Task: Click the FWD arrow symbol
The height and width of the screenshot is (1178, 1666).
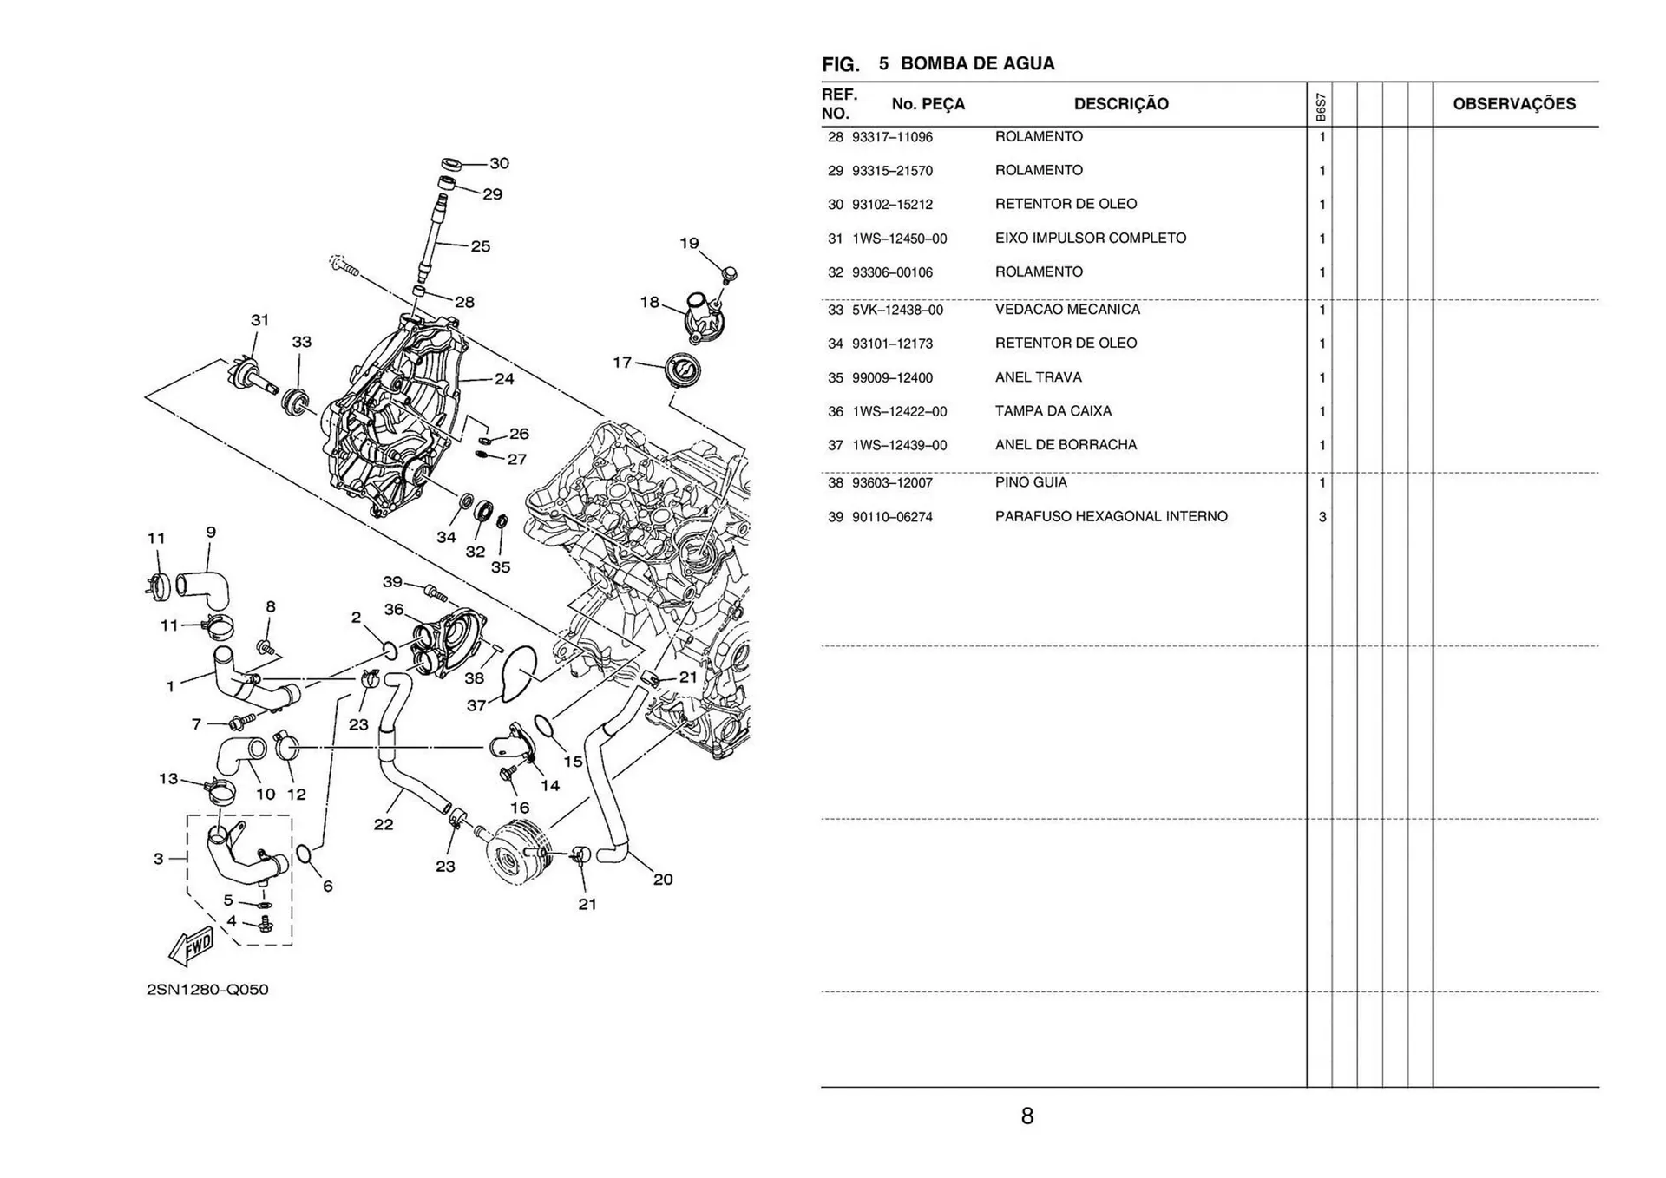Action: point(190,946)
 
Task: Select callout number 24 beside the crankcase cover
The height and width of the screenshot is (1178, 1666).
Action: point(504,379)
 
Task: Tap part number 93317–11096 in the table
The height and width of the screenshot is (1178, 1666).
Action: point(892,137)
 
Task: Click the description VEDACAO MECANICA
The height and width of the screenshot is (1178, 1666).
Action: point(1067,310)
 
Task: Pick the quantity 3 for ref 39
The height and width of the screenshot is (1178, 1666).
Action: point(1322,517)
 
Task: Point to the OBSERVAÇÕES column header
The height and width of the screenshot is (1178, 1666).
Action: point(1514,104)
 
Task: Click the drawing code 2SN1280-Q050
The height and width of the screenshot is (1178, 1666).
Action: point(207,990)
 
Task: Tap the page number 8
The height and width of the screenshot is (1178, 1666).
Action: point(1026,1116)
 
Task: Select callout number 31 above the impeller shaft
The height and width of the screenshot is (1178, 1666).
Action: point(259,320)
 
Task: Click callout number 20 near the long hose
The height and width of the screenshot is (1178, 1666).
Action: point(663,880)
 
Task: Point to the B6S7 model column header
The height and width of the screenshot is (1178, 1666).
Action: point(1320,107)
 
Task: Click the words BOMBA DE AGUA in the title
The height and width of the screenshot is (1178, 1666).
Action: point(977,63)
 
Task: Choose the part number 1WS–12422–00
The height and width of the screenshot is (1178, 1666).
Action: point(899,412)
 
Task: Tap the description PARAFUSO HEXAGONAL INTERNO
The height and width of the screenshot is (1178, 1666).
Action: point(1111,517)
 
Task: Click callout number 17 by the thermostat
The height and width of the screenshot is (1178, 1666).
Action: point(622,363)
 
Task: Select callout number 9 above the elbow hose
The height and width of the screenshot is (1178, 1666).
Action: point(211,532)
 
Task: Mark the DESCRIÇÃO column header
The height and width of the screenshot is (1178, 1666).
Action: point(1120,104)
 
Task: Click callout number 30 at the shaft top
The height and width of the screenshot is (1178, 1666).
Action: point(500,163)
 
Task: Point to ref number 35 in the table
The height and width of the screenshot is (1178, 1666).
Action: point(835,378)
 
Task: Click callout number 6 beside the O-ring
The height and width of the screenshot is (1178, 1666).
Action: point(328,887)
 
